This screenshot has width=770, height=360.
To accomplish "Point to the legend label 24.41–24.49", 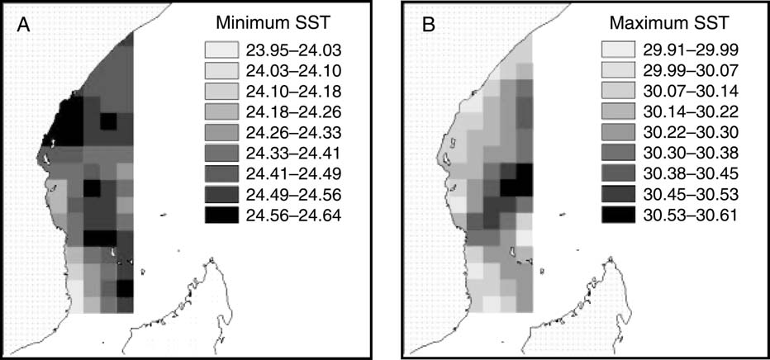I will click(283, 173).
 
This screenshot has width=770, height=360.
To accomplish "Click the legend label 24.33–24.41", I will click(283, 153).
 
